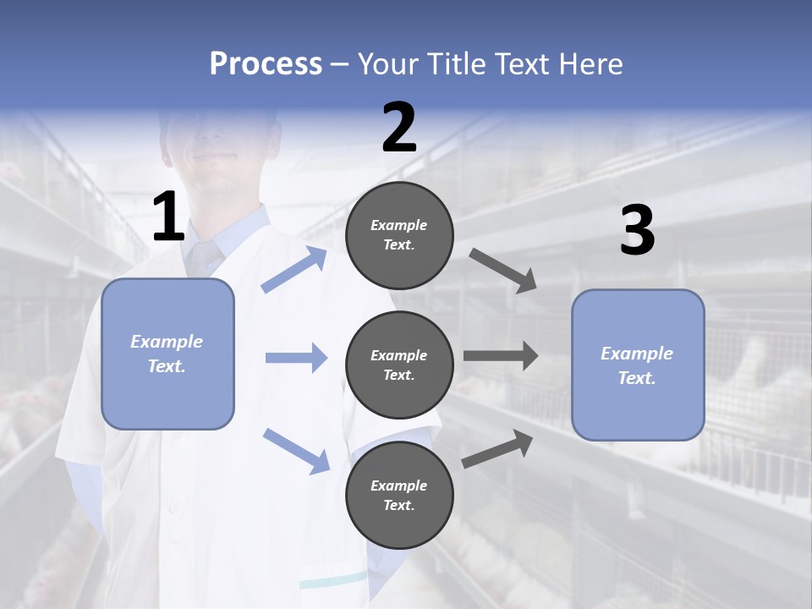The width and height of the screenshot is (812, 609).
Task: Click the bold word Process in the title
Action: click(x=266, y=64)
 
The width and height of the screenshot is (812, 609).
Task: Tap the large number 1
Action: click(x=168, y=217)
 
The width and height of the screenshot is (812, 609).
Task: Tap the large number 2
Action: click(x=399, y=128)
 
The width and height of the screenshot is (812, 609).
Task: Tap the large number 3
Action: click(x=637, y=231)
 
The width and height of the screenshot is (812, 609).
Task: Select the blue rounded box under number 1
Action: click(x=167, y=354)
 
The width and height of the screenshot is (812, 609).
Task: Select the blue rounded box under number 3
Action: click(x=638, y=365)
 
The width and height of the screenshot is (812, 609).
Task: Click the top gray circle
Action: click(x=399, y=235)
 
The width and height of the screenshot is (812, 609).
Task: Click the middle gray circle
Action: click(x=399, y=365)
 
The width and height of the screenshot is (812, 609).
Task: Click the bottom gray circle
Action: click(x=399, y=495)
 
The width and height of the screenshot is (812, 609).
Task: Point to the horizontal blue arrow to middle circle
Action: click(x=296, y=358)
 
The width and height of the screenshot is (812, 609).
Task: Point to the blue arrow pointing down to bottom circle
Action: click(x=296, y=450)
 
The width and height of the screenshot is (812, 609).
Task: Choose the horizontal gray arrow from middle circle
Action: click(x=501, y=357)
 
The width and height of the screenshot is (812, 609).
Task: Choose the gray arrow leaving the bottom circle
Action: click(x=498, y=448)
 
